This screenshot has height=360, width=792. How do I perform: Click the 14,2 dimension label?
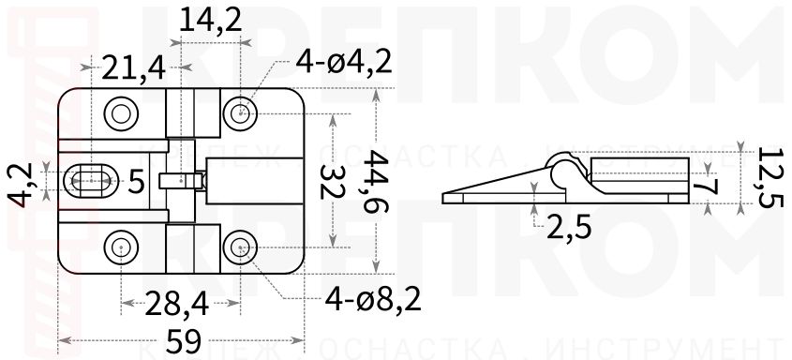206,22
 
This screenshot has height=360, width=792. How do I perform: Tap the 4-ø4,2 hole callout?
343,63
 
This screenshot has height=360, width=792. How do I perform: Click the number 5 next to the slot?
137,181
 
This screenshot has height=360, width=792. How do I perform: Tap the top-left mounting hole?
122,113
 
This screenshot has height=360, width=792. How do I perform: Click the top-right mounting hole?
241,113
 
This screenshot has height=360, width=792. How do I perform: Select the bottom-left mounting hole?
122,247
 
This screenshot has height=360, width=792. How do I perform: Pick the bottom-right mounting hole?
241,247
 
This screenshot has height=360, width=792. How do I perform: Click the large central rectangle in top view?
253,180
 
